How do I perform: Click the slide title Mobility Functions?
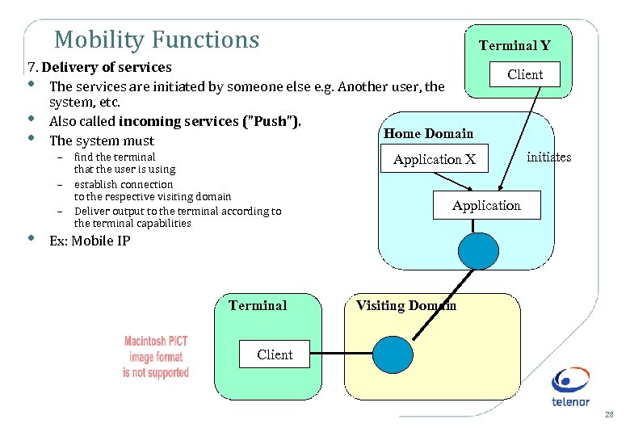[157, 40]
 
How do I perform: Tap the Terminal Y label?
[514, 46]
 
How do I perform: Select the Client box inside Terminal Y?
[525, 74]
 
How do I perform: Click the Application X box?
[435, 160]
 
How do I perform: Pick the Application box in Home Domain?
[486, 206]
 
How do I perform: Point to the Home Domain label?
[428, 133]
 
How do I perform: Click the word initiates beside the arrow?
[548, 157]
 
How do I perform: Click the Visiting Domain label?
[406, 305]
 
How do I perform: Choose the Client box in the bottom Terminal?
[275, 354]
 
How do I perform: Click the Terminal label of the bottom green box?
[258, 305]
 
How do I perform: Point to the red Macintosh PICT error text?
[156, 357]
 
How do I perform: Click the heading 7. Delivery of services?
[99, 67]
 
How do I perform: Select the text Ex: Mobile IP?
[90, 241]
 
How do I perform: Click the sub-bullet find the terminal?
[115, 157]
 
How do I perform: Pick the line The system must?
[102, 140]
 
